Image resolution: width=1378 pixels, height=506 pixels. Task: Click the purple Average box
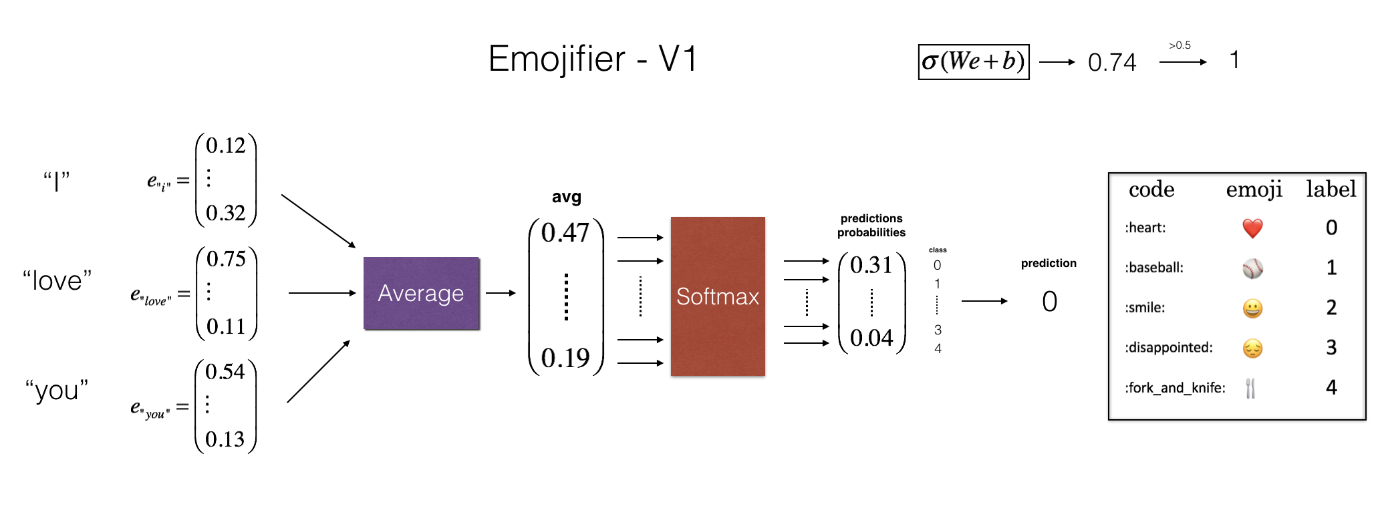click(421, 293)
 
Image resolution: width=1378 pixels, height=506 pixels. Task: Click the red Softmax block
click(718, 296)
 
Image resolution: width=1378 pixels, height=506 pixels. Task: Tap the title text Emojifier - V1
click(593, 59)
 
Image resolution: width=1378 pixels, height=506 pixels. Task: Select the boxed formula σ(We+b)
click(973, 62)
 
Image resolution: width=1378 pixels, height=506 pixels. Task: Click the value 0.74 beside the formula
click(1111, 63)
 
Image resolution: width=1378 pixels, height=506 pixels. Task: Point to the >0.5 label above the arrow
click(1180, 45)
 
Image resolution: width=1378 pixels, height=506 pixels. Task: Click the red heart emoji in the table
click(1252, 228)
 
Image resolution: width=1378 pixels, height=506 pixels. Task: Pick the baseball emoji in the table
click(1252, 268)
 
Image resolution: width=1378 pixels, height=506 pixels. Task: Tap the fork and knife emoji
click(1250, 388)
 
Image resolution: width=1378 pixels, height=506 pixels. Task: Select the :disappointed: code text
click(1168, 348)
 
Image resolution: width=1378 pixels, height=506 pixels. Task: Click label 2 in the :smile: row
click(1331, 308)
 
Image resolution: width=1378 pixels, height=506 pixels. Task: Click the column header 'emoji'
click(1254, 190)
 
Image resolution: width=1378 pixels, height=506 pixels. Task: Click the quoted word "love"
click(57, 280)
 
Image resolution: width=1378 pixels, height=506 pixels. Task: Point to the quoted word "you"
click(57, 390)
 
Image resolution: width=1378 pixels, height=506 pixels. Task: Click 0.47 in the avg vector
click(565, 233)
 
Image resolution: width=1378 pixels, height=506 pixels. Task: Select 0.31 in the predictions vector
click(871, 266)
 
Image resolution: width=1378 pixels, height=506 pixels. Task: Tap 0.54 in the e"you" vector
click(225, 372)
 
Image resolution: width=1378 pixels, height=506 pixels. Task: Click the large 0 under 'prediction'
click(1049, 302)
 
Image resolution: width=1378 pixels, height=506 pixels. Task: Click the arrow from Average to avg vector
click(501, 293)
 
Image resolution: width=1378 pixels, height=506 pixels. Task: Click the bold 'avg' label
click(566, 197)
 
